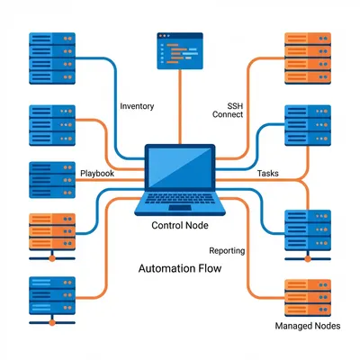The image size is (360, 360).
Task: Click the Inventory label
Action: pyautogui.click(x=137, y=106)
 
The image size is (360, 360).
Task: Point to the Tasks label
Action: pyautogui.click(x=268, y=172)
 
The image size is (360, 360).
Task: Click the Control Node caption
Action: pyautogui.click(x=180, y=225)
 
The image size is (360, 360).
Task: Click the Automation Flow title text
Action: pyautogui.click(x=180, y=269)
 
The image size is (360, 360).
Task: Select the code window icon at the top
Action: pyautogui.click(x=180, y=50)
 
